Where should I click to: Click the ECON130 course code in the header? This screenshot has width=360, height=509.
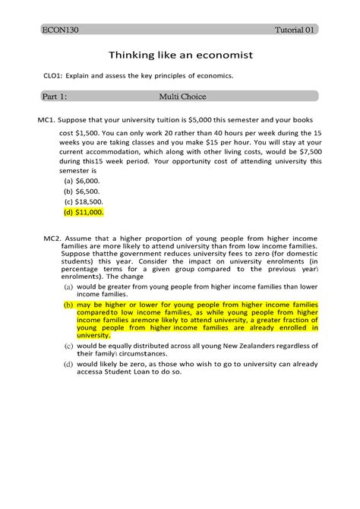60,30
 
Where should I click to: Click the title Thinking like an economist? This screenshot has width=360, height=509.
179,55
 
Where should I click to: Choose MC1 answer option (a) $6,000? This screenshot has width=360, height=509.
82,182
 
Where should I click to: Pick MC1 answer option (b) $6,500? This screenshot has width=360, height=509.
82,192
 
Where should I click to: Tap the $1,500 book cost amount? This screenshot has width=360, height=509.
93,132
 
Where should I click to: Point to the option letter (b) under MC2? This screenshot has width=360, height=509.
68,305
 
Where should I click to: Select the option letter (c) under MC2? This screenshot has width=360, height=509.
68,346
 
